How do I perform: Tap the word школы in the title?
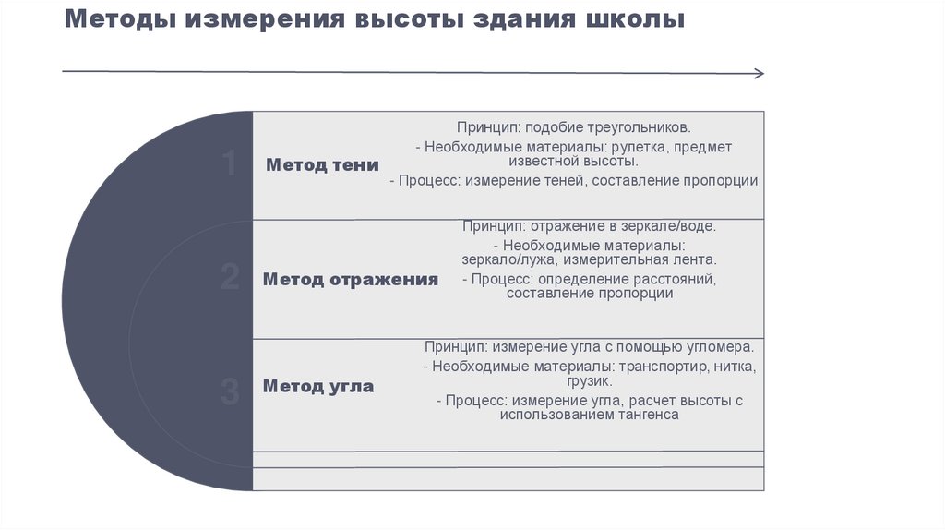pyautogui.click(x=636, y=19)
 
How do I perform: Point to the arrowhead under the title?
pyautogui.click(x=759, y=74)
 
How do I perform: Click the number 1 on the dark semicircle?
pyautogui.click(x=230, y=164)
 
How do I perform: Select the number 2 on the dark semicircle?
pyautogui.click(x=230, y=278)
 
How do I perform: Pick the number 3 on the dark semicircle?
pyautogui.click(x=230, y=391)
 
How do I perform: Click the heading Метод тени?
pyautogui.click(x=322, y=165)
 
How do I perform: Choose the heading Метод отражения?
pyautogui.click(x=350, y=279)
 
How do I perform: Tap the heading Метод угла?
pyautogui.click(x=318, y=386)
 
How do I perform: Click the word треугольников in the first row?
pyautogui.click(x=638, y=126)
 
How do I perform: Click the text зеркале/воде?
pyautogui.click(x=672, y=225)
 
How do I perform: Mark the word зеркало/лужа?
pyautogui.click(x=503, y=260)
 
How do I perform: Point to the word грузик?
pyautogui.click(x=590, y=380)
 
